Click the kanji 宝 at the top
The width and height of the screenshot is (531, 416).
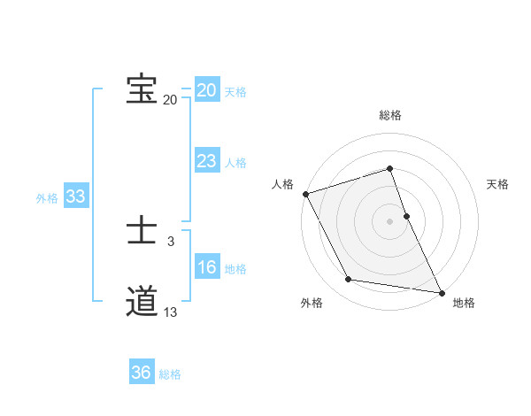(x=142, y=89)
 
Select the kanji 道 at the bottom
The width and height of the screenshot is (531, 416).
(x=142, y=302)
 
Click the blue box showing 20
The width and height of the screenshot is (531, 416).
(x=207, y=90)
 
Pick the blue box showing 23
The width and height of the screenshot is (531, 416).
(x=207, y=161)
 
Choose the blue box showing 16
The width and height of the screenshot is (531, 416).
(x=207, y=267)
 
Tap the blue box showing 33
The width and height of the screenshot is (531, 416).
(x=75, y=196)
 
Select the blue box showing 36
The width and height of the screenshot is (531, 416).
(x=142, y=373)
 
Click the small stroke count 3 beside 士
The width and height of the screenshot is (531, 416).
(x=171, y=241)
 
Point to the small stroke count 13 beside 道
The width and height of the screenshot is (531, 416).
(x=171, y=312)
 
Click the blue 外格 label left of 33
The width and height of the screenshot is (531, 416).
(x=47, y=198)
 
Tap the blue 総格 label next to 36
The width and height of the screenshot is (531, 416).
(x=170, y=374)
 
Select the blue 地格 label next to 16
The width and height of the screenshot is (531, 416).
(x=235, y=269)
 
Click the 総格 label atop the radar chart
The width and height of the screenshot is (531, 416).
(x=390, y=115)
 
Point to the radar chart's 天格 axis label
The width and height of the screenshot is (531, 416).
(x=497, y=184)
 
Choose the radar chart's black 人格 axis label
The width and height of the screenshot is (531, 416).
(x=282, y=184)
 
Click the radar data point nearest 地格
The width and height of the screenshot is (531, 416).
(x=441, y=292)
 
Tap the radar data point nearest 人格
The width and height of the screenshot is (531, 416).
(x=305, y=194)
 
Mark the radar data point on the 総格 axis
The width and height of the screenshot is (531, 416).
(x=390, y=169)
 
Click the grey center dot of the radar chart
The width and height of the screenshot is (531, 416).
(x=390, y=221)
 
